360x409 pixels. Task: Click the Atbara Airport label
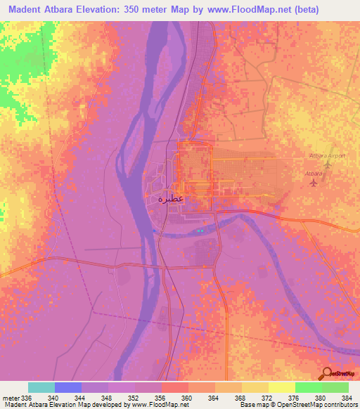328,155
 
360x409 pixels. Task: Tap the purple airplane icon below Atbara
314,183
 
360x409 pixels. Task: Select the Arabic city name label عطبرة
169,198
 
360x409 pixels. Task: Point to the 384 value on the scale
348,397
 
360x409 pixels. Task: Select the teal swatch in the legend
41,387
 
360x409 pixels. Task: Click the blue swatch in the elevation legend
68,387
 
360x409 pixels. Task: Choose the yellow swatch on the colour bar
282,387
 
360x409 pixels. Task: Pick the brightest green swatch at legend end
335,387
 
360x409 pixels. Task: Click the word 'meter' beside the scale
10,397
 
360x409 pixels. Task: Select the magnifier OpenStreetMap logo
326,374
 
